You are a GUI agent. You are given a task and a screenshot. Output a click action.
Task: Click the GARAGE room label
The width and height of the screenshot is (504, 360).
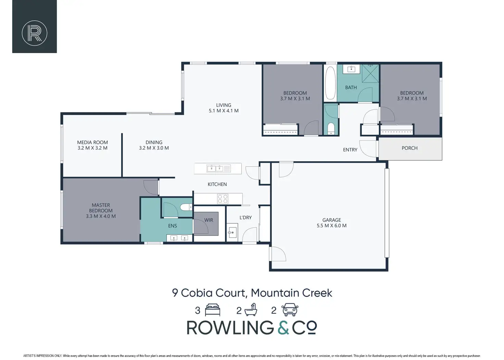pos(331,220)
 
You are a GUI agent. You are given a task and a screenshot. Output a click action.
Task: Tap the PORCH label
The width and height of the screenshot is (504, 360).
pos(409,148)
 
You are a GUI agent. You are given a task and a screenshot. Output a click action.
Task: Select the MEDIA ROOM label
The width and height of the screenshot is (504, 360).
pos(92,142)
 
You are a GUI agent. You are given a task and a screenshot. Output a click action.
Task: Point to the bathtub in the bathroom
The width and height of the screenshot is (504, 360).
pos(330,83)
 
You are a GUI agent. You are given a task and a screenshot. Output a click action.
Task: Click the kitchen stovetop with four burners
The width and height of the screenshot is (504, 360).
pos(223,199)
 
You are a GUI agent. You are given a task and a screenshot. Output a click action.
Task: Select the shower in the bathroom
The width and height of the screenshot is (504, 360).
pos(370,73)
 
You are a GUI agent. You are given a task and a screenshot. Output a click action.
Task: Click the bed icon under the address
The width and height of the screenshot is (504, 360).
pos(213,310)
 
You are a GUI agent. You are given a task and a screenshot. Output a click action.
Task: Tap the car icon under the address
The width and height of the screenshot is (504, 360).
pos(290,310)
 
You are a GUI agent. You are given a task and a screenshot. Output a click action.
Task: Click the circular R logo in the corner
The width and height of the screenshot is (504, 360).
pos(34,33)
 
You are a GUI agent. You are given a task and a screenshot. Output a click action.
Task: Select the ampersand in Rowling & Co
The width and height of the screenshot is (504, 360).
pos(283,328)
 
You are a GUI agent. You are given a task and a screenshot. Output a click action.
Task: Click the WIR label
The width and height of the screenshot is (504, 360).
pos(209,220)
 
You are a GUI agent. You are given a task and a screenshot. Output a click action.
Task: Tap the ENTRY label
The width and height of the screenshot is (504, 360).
pos(350,150)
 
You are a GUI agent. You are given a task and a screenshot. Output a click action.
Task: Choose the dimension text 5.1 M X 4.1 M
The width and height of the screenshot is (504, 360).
pos(224,111)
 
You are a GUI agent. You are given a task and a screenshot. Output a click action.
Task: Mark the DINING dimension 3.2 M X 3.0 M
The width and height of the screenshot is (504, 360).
pos(154,148)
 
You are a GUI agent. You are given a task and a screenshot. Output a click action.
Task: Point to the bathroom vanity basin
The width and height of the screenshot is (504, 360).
pos(351,69)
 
